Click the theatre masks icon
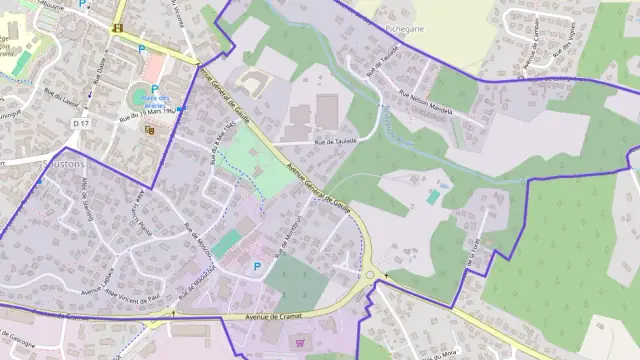tap(151, 129)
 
